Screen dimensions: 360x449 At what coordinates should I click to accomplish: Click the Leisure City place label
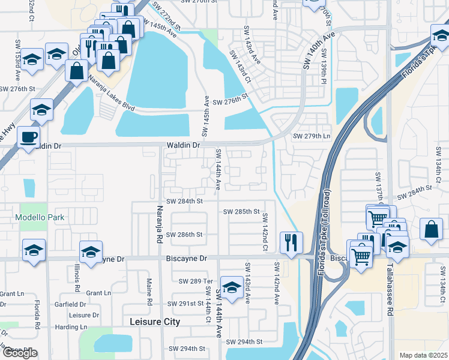(x=155, y=322)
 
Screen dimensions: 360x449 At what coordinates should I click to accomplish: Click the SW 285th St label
(x=241, y=212)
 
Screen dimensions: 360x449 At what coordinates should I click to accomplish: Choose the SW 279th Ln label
(x=312, y=136)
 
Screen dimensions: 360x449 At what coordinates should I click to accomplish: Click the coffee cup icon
(x=28, y=136)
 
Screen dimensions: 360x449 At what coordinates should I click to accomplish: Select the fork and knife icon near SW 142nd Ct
(x=291, y=242)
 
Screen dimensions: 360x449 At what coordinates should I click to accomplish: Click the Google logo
(x=20, y=353)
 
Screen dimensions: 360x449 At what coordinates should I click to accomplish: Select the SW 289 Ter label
(x=196, y=281)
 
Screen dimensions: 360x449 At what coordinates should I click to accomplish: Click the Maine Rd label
(x=149, y=285)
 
